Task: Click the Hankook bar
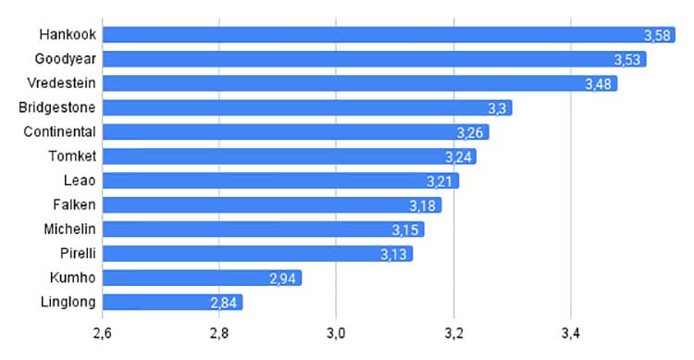pos(389,34)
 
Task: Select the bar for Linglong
pos(173,302)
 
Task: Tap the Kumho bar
pos(203,278)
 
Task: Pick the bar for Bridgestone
pos(307,107)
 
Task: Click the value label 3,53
pos(627,60)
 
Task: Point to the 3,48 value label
pos(599,84)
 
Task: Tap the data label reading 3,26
pos(470,133)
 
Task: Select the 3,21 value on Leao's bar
pos(440,181)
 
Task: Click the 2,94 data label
pos(282,279)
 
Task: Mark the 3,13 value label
pos(393,254)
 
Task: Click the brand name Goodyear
pos(66,59)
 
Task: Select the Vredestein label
pos(61,82)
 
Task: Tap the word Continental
pos(60,131)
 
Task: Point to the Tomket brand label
pos(72,155)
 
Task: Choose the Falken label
pos(74,205)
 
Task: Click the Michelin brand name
pos(70,229)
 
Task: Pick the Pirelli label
pos(78,254)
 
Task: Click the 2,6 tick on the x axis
pos(102,333)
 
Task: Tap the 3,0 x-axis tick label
pos(336,333)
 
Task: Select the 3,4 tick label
pos(571,333)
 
